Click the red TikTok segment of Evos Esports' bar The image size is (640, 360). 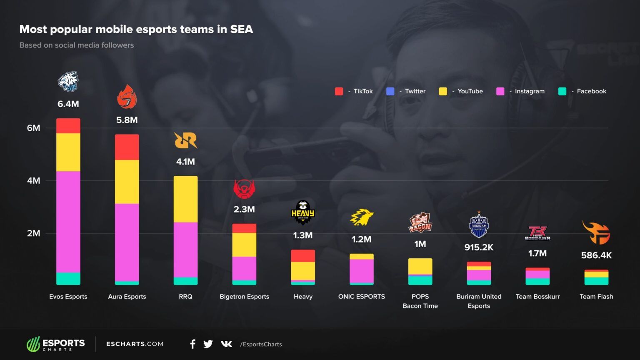pos(68,126)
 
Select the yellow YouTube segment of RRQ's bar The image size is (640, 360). pos(185,199)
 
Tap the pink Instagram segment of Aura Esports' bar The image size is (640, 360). pos(127,242)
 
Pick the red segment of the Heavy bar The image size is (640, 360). pos(303,256)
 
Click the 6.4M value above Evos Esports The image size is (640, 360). pos(68,104)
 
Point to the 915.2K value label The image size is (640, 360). pos(479,247)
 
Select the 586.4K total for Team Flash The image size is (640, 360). pos(596,255)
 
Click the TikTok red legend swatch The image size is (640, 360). pos(339,91)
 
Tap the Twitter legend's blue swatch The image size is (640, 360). pos(390,91)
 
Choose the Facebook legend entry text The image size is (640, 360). pos(591,91)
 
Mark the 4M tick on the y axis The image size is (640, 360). pos(34,181)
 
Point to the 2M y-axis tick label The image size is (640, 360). pos(34,233)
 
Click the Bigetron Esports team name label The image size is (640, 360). pos(244,297)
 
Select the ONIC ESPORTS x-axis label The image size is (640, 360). pos(361,297)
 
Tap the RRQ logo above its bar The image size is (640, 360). pos(185,140)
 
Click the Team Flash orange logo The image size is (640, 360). pos(596,232)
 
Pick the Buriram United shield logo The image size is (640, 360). pos(479,225)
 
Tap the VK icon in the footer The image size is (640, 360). pos(226,344)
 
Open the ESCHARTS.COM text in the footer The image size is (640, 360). pos(135,344)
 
